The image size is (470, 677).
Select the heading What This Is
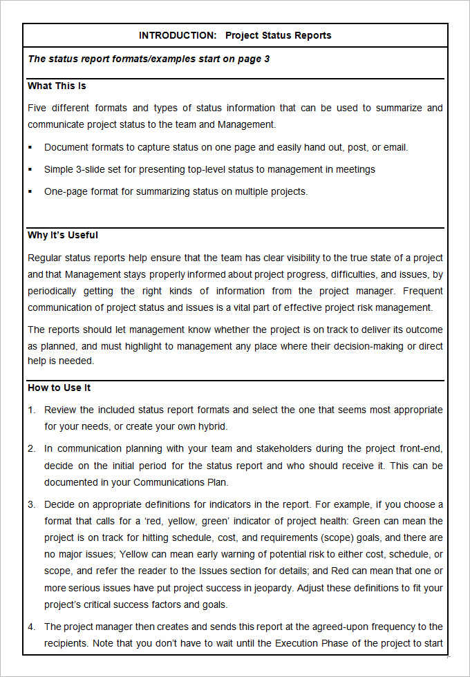coord(57,86)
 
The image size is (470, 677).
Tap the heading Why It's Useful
coord(63,235)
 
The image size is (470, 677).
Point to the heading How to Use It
coord(59,388)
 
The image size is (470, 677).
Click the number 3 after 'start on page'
coord(267,59)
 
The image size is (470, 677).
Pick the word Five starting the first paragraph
coord(38,108)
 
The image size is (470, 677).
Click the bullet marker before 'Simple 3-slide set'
coord(30,169)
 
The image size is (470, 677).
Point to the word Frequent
coord(422,291)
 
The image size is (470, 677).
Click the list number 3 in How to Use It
coord(31,504)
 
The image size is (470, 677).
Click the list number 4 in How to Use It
coord(31,627)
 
